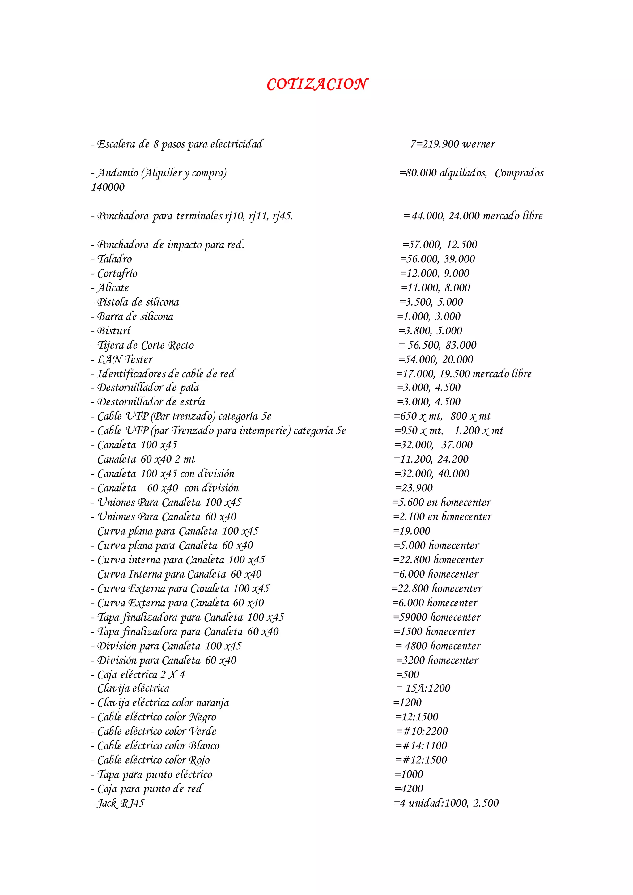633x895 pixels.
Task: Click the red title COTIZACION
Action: (x=317, y=84)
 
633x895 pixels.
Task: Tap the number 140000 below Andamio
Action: (x=108, y=187)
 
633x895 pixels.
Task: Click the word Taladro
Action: (x=115, y=259)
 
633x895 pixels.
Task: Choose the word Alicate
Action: (x=113, y=288)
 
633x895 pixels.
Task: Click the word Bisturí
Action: (x=114, y=331)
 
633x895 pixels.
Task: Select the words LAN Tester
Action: (x=125, y=359)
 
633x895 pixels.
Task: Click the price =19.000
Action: (x=412, y=531)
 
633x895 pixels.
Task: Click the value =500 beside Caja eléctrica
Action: (x=408, y=674)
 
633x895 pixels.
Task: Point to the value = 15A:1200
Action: (x=423, y=688)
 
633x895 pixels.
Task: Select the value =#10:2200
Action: (x=422, y=731)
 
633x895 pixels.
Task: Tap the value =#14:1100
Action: (x=422, y=746)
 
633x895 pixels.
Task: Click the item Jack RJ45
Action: (x=121, y=803)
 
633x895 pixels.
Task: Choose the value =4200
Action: (x=409, y=789)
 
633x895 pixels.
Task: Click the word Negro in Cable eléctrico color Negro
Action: (x=202, y=717)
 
